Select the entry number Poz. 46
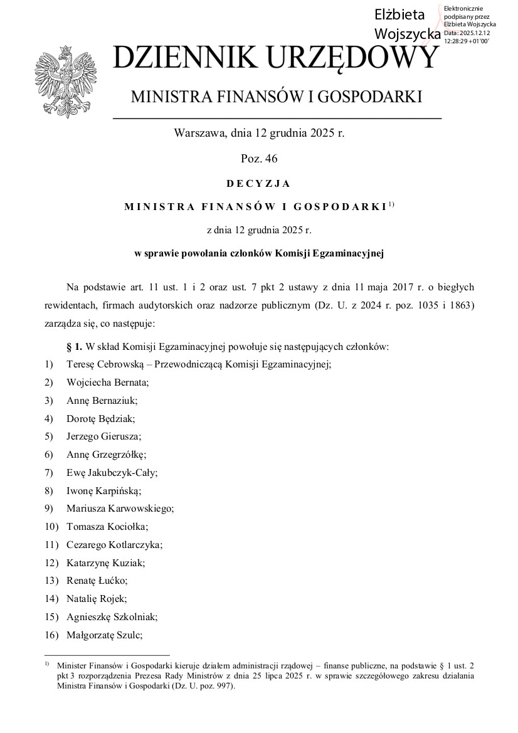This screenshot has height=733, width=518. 258,158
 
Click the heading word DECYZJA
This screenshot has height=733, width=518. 258,184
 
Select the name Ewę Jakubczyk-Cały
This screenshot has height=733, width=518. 112,473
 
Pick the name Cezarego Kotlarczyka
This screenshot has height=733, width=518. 114,545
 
